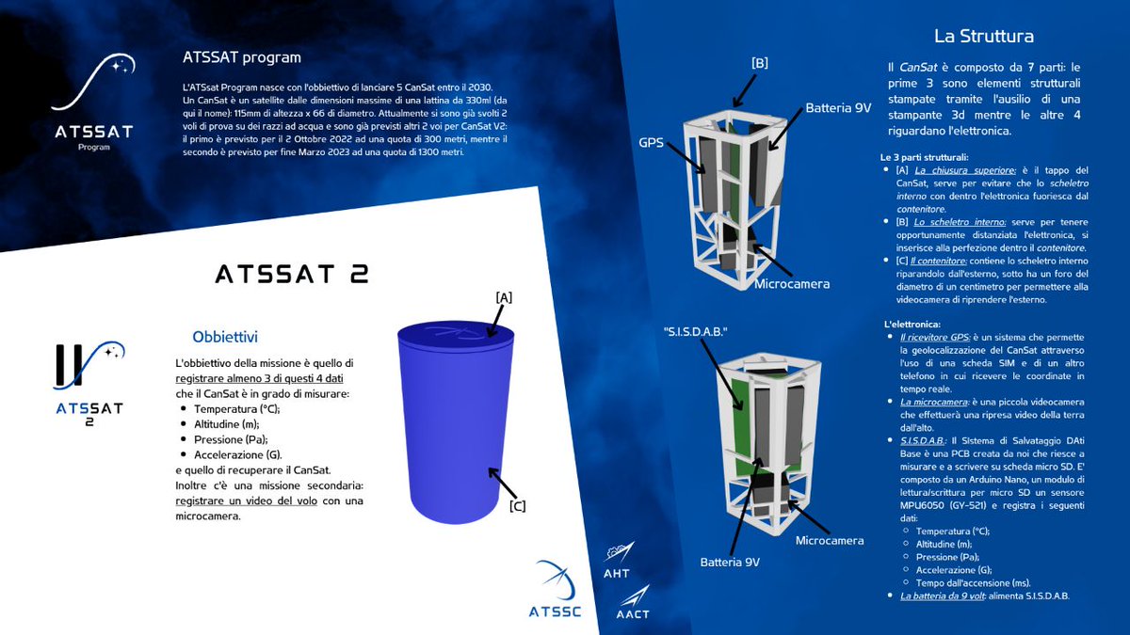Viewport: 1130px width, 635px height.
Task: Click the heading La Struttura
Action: (984, 37)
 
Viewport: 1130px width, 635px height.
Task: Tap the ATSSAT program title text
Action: (242, 57)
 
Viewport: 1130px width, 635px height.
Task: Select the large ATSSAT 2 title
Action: (292, 274)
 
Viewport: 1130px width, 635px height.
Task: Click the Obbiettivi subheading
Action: (225, 337)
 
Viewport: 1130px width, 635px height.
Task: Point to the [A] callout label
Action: (504, 298)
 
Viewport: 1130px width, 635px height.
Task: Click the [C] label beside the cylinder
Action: (517, 506)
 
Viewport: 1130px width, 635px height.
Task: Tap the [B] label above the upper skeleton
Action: (760, 63)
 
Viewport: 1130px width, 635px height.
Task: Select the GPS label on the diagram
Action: (652, 143)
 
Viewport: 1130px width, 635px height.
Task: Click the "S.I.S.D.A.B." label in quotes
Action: (696, 331)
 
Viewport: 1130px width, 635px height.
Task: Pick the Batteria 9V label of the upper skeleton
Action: (838, 108)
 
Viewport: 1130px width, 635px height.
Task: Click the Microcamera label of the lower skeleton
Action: (830, 541)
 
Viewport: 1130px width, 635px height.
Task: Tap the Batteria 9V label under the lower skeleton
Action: (730, 563)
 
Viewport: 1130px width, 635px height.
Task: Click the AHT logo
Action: (618, 561)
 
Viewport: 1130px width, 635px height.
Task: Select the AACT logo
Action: (633, 602)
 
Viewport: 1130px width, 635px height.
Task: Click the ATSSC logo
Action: (555, 589)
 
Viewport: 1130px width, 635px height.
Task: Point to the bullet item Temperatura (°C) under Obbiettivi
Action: (236, 409)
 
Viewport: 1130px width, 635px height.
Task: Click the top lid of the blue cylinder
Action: (456, 333)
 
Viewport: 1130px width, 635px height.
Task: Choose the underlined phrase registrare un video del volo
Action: (246, 500)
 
